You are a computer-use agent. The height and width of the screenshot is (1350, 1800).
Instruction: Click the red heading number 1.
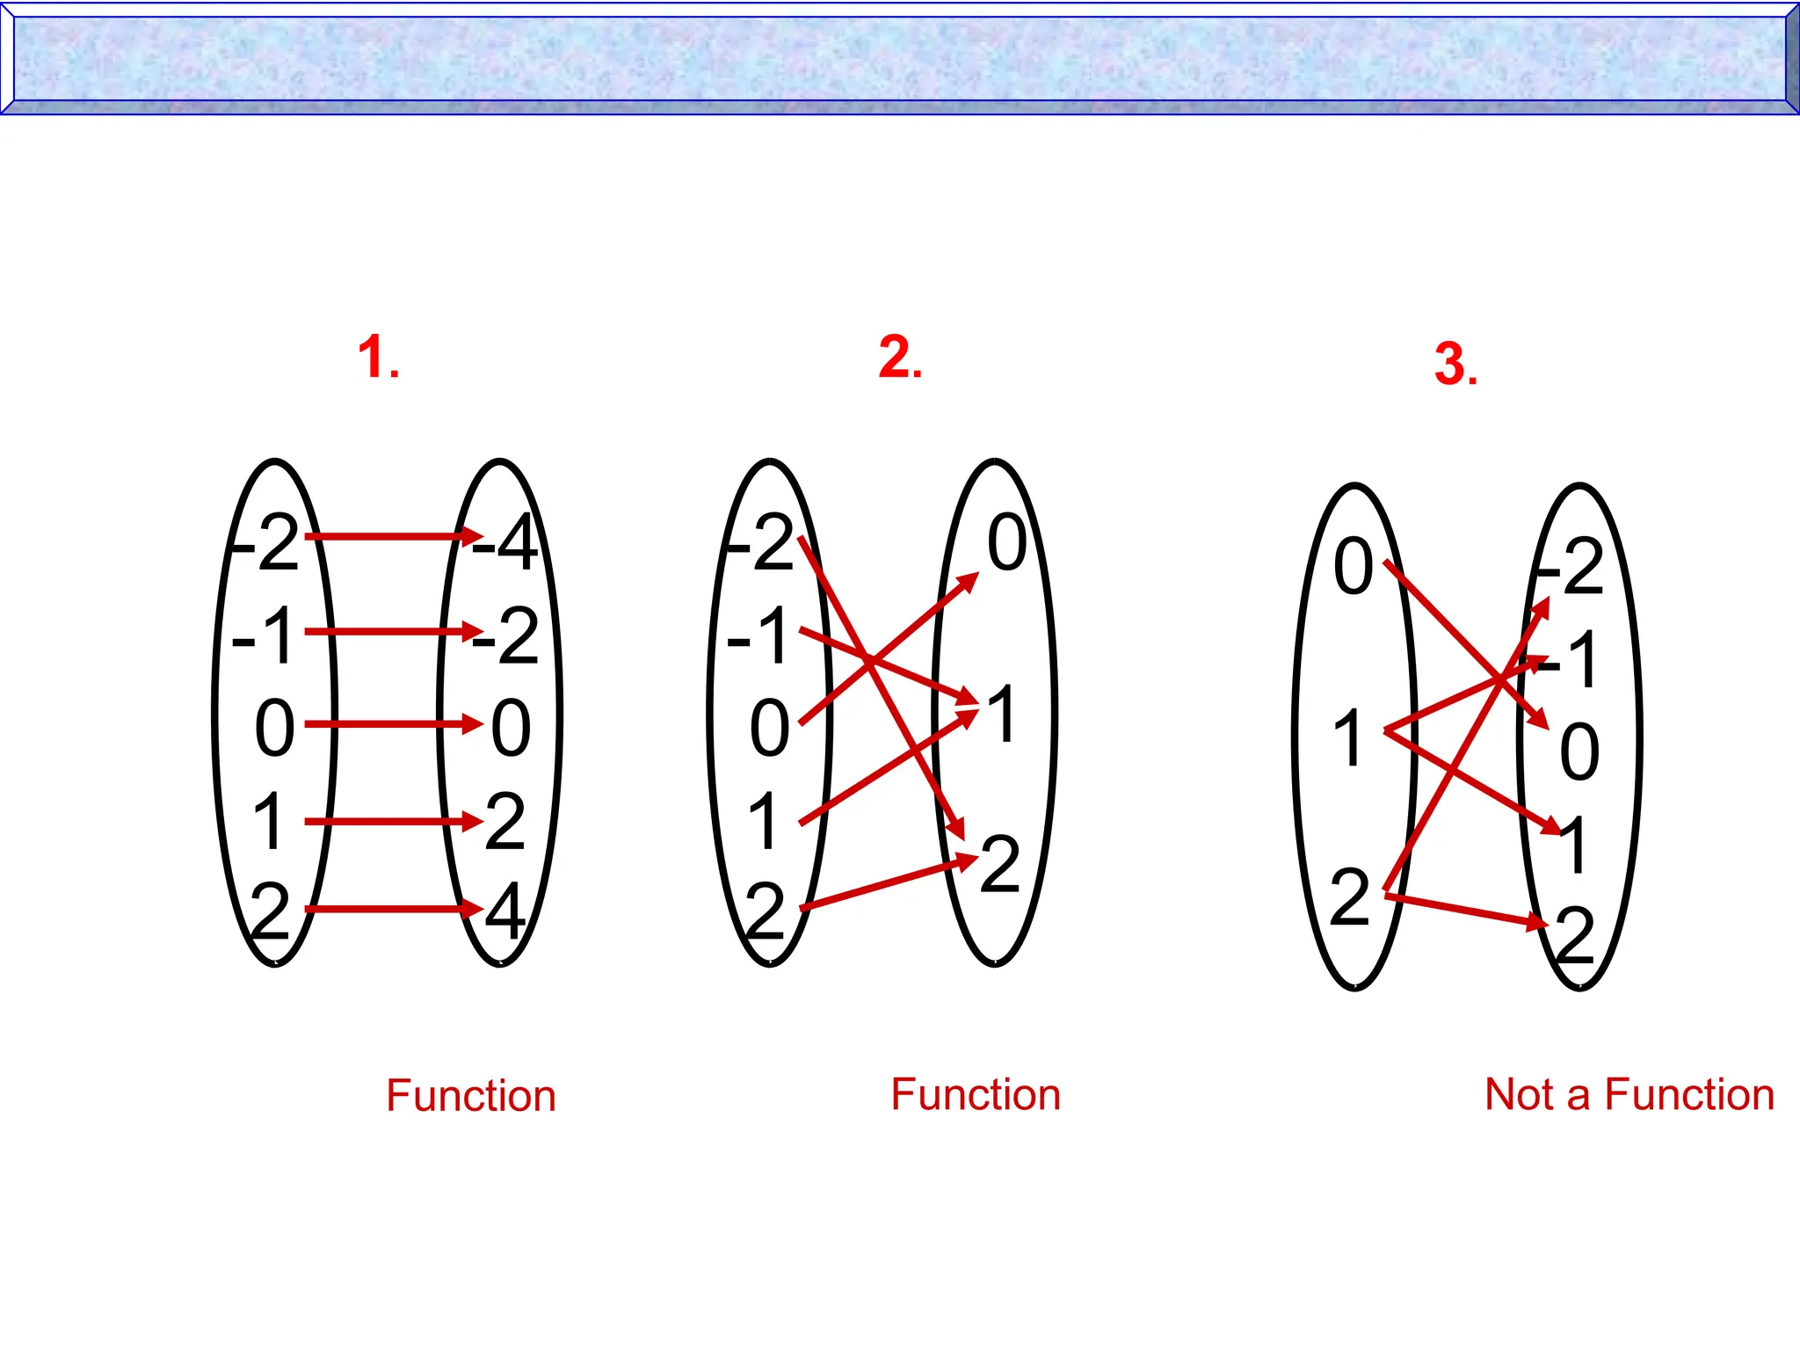pos(378,358)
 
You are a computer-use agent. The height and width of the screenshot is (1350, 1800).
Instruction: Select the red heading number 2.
pos(900,358)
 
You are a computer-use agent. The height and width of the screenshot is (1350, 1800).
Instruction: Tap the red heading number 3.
pos(1455,364)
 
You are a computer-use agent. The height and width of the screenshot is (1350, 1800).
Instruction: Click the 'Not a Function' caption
pos(1629,1095)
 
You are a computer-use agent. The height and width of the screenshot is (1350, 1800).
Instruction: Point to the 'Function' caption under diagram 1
pos(471,1096)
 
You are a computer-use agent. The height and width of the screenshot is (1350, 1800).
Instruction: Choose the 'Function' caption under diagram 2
pos(976,1095)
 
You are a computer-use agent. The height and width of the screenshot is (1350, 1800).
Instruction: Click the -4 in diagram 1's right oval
pos(505,543)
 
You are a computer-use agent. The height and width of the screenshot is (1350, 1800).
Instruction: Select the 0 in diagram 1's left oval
pos(274,728)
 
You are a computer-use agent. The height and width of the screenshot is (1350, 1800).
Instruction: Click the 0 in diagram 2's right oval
pos(1006,543)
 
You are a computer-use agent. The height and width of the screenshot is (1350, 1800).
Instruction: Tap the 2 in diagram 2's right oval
pos(1000,866)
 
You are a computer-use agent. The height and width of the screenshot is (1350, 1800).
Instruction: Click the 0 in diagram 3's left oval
pos(1354,566)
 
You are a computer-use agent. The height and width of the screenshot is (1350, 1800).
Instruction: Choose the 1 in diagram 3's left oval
pos(1348,738)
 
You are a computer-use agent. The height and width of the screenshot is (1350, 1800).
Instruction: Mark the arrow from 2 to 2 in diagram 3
pos(1463,910)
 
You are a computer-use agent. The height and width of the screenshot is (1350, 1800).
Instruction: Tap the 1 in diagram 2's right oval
pos(1002,715)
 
